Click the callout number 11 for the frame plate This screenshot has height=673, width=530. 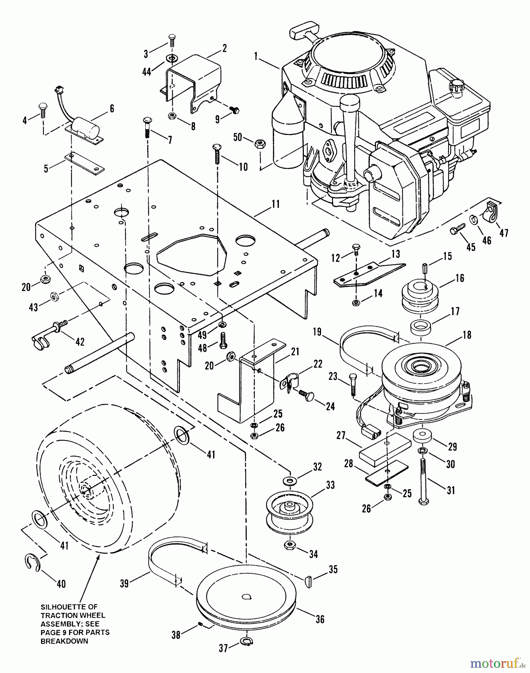276,204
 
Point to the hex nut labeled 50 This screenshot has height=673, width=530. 258,143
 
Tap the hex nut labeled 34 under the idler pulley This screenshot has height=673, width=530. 289,545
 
